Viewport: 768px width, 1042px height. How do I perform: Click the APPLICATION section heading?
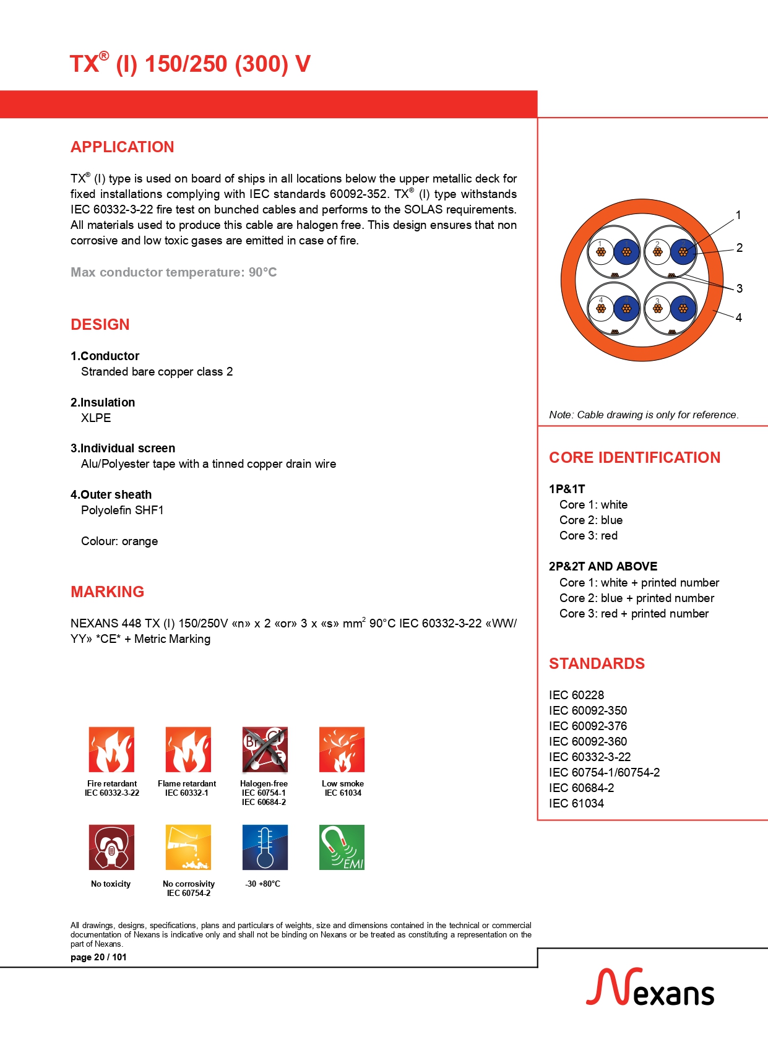(x=122, y=147)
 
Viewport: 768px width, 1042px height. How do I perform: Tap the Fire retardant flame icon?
(x=111, y=749)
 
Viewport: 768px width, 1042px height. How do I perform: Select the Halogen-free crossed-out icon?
(x=265, y=749)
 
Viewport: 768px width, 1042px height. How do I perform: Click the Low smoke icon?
(x=342, y=749)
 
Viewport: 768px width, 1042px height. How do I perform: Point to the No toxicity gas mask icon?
(x=111, y=847)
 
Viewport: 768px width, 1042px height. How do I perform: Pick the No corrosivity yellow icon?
(x=188, y=847)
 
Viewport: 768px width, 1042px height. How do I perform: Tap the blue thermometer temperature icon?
(x=265, y=847)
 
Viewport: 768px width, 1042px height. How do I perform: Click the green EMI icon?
(x=342, y=847)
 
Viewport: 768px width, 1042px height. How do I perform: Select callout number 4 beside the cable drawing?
(x=738, y=317)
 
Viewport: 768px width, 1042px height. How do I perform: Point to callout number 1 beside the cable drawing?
(x=738, y=215)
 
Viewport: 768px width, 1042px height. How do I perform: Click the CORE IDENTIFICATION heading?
(x=634, y=457)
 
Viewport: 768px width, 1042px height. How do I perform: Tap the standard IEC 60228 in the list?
(x=576, y=695)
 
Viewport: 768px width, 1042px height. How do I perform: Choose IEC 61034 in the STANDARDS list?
(x=576, y=803)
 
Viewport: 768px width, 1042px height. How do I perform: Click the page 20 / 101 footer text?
(x=98, y=957)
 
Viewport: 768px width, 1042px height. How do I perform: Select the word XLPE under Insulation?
(x=96, y=418)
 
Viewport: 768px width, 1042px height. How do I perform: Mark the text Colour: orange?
(x=119, y=541)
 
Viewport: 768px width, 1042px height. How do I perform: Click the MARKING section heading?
(x=107, y=592)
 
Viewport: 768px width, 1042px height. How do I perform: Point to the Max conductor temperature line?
(x=173, y=272)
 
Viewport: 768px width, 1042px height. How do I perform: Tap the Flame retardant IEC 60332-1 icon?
(x=188, y=749)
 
